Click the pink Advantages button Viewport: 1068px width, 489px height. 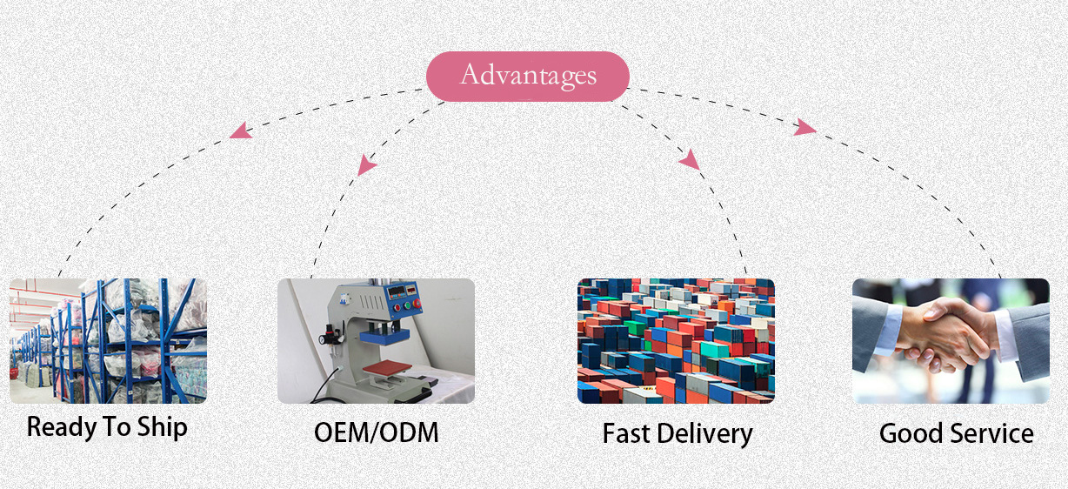pos(528,77)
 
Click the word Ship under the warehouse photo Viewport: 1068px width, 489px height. pos(163,427)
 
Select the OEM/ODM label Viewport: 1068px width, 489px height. pos(377,432)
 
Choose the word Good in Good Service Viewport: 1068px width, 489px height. pos(911,433)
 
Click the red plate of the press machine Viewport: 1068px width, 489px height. pos(387,368)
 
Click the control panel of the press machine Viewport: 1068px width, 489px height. pos(404,298)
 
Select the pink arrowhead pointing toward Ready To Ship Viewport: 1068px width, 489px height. pos(242,131)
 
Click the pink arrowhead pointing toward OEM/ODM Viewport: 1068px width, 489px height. pos(366,165)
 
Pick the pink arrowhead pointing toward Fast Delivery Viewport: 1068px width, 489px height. pos(690,160)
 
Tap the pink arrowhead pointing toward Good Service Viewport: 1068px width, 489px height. pos(804,127)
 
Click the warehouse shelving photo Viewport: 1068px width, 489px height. pos(108,341)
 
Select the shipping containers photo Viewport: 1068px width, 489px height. pos(676,341)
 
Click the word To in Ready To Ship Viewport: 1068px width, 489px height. pos(117,426)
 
